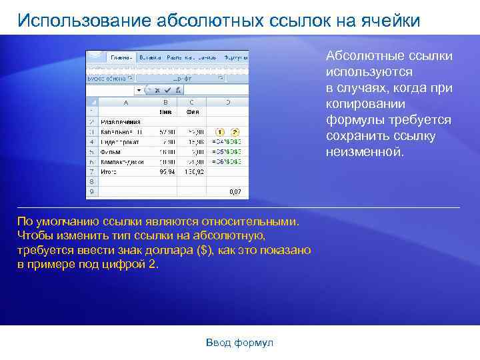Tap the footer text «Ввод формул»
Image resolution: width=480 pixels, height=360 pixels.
click(x=240, y=343)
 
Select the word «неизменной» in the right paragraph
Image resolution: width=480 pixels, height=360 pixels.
click(x=364, y=152)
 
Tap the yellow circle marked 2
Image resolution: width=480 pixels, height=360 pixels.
click(x=235, y=132)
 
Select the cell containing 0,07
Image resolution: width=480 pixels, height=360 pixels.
click(x=235, y=191)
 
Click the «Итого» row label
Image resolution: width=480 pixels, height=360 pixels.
click(x=108, y=171)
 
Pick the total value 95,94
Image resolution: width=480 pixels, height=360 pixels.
click(x=167, y=171)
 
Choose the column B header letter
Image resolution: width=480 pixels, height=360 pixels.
click(x=165, y=103)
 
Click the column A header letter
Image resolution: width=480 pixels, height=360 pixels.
click(x=125, y=103)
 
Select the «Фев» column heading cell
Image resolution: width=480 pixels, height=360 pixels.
click(x=192, y=112)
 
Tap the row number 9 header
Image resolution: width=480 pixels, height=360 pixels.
click(x=91, y=191)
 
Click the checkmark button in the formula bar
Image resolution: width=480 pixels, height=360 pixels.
click(x=157, y=90)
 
